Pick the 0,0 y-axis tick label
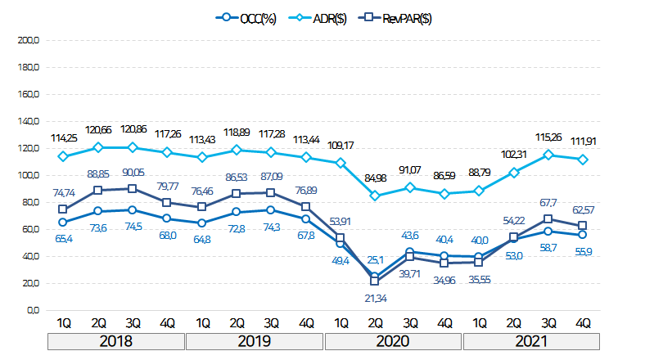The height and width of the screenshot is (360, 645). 31,310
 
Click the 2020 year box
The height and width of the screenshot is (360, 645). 393,341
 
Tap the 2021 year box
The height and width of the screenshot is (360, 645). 531,341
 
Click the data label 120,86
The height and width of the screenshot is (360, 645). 133,130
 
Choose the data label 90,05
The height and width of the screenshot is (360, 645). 134,172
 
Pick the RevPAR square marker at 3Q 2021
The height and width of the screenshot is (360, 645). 548,219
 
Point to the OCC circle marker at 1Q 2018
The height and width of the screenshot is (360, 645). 62,222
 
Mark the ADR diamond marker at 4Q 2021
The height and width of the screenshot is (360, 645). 583,160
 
